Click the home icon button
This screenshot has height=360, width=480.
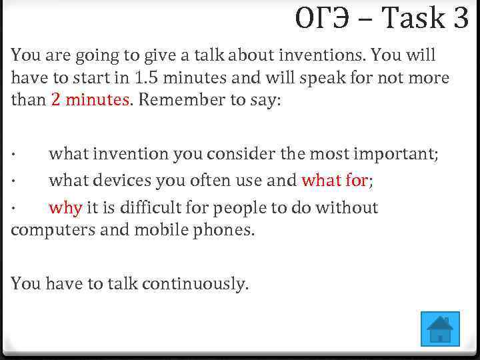click(441, 329)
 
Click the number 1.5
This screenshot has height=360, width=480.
click(145, 77)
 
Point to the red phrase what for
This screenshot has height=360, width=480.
click(335, 181)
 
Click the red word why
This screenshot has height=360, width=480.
click(65, 208)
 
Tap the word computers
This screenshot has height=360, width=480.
click(44, 231)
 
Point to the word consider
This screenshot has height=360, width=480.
click(231, 154)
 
